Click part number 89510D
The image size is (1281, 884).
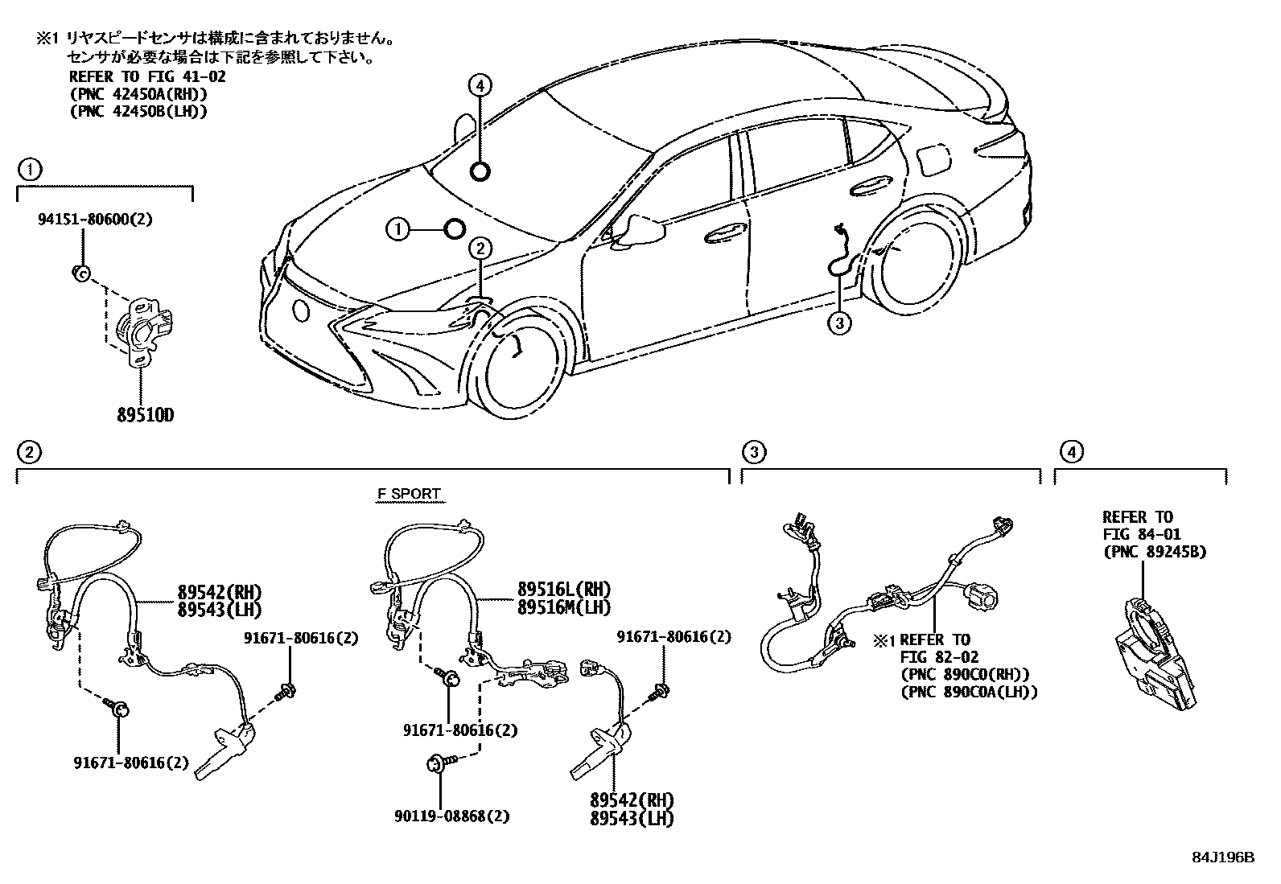point(146,416)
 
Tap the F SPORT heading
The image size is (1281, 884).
point(409,494)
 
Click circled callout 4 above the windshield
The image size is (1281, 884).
point(480,86)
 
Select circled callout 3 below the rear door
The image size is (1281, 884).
point(838,323)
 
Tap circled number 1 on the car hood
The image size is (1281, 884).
point(397,229)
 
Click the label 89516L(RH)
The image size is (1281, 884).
point(563,590)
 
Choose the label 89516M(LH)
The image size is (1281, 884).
point(563,607)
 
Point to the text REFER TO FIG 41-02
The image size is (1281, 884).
point(146,77)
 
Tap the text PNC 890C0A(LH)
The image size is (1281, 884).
point(969,691)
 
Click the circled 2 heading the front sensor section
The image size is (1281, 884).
point(29,454)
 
